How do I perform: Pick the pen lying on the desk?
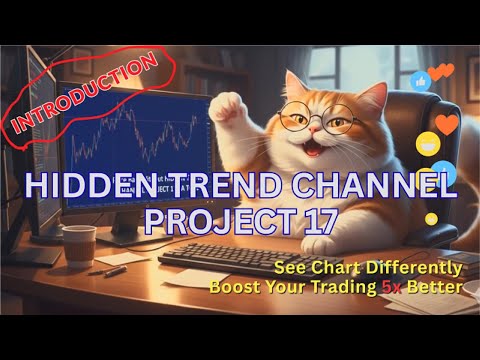pyautogui.click(x=105, y=270)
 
